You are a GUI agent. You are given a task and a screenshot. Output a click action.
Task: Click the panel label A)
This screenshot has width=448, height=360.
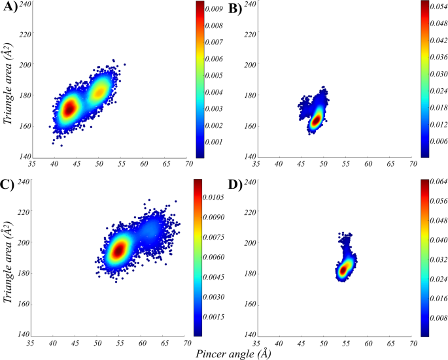pyautogui.click(x=10, y=8)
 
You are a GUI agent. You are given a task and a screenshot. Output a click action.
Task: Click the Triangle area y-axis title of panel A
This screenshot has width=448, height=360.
pyautogui.click(x=9, y=82)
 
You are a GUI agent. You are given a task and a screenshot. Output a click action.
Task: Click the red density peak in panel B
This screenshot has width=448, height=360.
pyautogui.click(x=317, y=120)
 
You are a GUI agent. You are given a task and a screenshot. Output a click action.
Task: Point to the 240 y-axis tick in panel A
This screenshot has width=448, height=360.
pyautogui.click(x=23, y=4)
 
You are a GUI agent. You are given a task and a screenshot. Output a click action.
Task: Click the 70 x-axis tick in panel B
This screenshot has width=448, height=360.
pyautogui.click(x=413, y=165)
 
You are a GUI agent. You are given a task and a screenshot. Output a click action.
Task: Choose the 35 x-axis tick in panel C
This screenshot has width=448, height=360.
pyautogui.click(x=31, y=342)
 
